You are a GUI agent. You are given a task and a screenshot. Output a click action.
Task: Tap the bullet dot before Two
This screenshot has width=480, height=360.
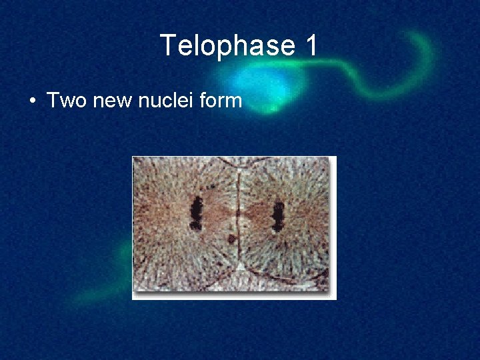[32, 101]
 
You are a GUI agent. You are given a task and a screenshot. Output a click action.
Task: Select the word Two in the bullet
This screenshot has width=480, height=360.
[64, 101]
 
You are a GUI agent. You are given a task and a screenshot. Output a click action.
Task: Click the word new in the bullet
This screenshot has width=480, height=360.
[109, 101]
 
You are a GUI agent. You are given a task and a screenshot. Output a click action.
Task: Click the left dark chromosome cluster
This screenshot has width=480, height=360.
[196, 214]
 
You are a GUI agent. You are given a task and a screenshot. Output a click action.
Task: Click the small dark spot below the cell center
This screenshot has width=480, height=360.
[231, 239]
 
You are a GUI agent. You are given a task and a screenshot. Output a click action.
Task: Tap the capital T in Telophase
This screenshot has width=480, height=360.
[168, 46]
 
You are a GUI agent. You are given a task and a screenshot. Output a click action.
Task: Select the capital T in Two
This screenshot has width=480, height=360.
[53, 101]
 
